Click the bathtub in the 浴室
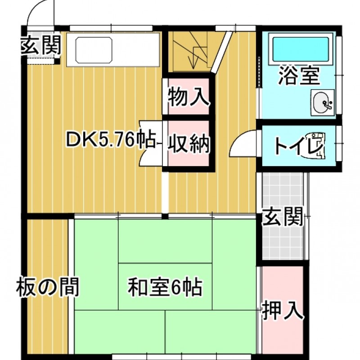coord(301,49)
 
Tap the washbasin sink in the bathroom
coord(322,103)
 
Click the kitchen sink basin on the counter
coord(94,50)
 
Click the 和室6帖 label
coord(165,287)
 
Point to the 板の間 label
coord(48,287)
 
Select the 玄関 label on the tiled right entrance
coord(283,216)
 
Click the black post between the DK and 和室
coord(165,216)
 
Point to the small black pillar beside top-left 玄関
coord(57,61)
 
